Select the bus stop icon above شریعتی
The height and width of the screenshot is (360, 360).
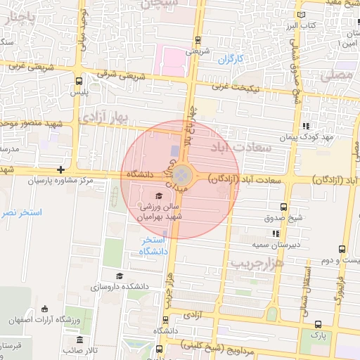(x=198, y=40)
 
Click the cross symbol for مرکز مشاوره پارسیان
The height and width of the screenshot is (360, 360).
(x=61, y=169)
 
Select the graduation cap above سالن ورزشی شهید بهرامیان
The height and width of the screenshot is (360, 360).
(x=159, y=195)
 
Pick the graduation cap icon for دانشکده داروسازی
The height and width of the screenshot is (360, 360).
(x=120, y=276)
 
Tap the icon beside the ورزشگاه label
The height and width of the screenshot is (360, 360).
(x=45, y=309)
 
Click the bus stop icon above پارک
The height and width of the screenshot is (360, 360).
(x=319, y=324)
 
